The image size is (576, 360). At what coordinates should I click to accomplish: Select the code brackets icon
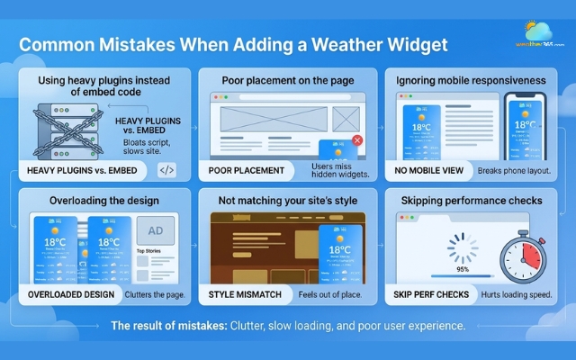167,170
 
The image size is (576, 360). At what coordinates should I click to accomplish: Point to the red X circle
357,140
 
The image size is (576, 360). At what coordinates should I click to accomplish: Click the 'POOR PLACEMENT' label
246,170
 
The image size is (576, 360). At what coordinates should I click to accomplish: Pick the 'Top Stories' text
148,251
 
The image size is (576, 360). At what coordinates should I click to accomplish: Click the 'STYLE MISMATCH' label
249,293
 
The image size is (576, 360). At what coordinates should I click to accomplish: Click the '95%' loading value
463,269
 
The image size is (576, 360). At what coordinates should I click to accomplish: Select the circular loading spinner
463,244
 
